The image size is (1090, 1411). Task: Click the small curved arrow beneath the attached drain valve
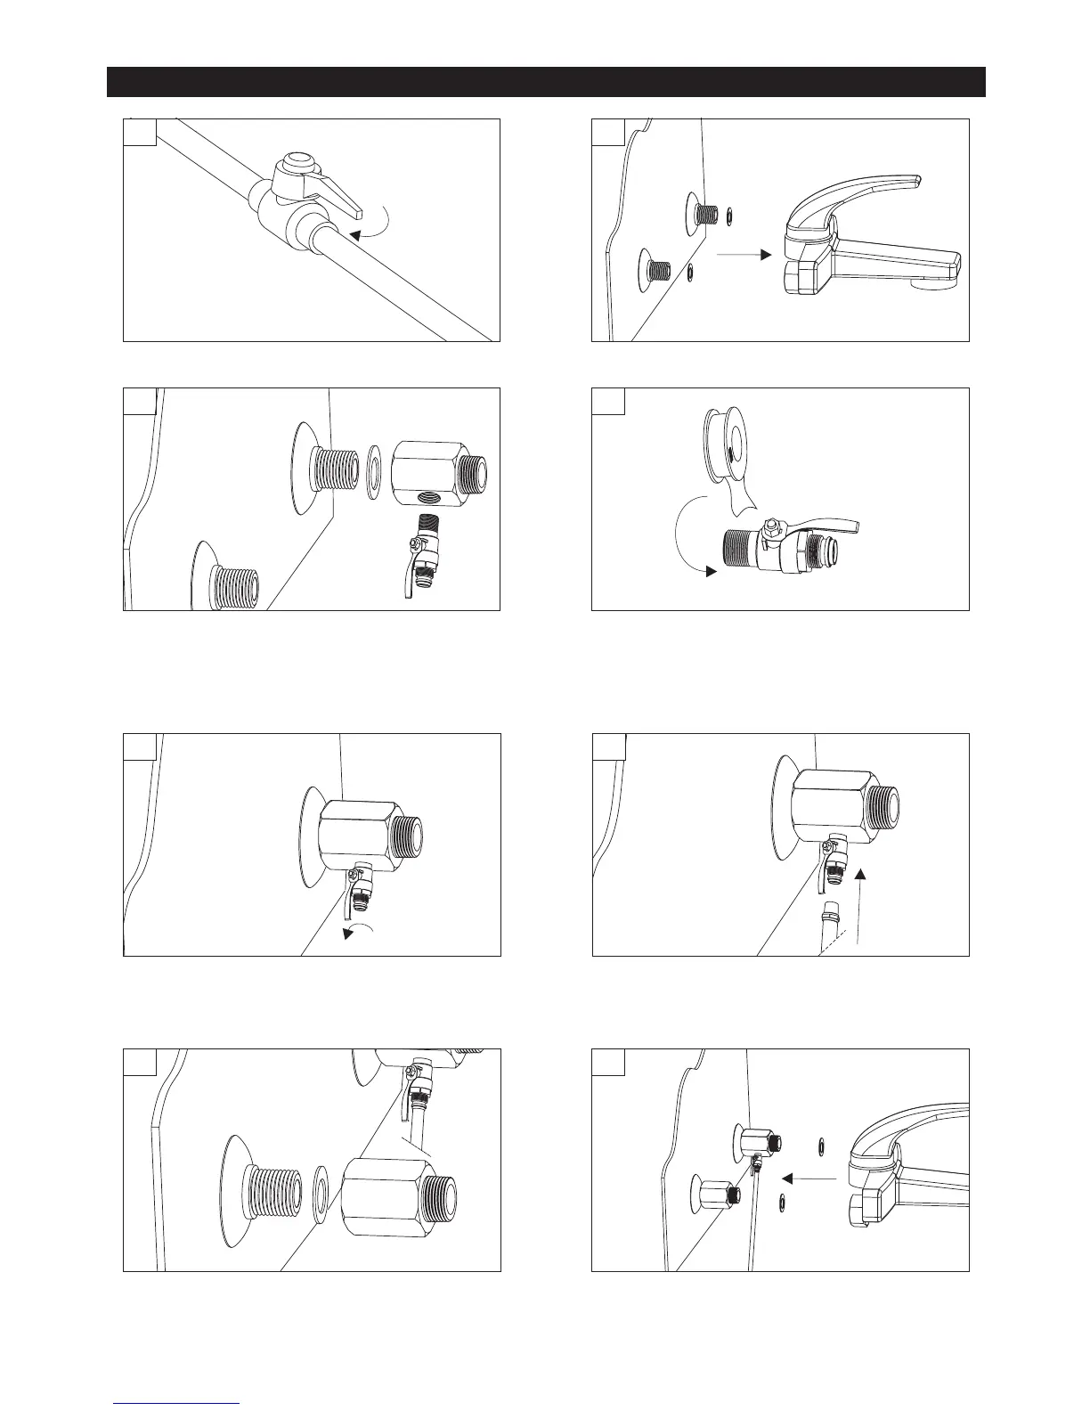(364, 932)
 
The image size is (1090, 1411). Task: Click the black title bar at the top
(545, 81)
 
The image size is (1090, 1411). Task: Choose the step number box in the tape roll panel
(608, 402)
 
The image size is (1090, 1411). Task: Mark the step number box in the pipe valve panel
(140, 133)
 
